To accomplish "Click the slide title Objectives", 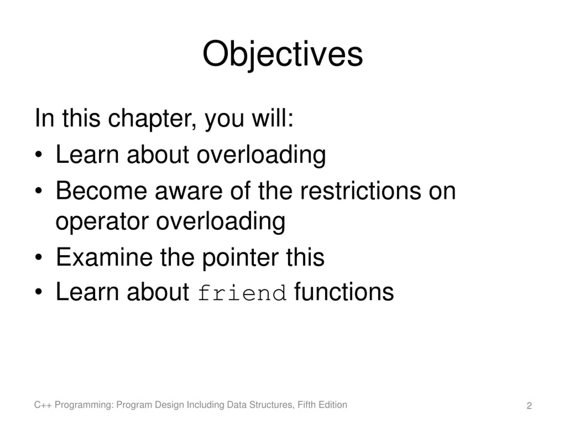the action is [283, 55].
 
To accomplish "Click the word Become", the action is [101, 191].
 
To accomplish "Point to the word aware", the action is [189, 193].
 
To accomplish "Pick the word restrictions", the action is [360, 191].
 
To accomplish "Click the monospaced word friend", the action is [242, 293].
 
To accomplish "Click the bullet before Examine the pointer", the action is [38, 257].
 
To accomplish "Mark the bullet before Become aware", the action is [38, 191].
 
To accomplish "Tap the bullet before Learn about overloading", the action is [38, 155].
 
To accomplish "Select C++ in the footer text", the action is [43, 405].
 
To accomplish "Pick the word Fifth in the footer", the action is [307, 405].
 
